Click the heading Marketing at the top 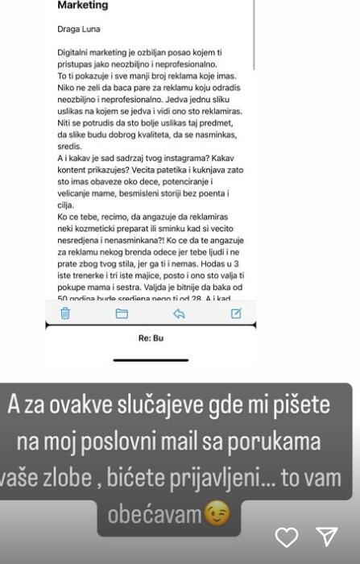[x=82, y=5]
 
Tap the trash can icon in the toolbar [x=65, y=313]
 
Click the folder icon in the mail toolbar [x=122, y=313]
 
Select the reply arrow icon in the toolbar [x=179, y=313]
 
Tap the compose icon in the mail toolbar [x=236, y=313]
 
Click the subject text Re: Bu [x=151, y=338]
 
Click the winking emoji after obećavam [x=217, y=514]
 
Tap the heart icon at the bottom [x=287, y=537]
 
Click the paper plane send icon [x=326, y=537]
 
